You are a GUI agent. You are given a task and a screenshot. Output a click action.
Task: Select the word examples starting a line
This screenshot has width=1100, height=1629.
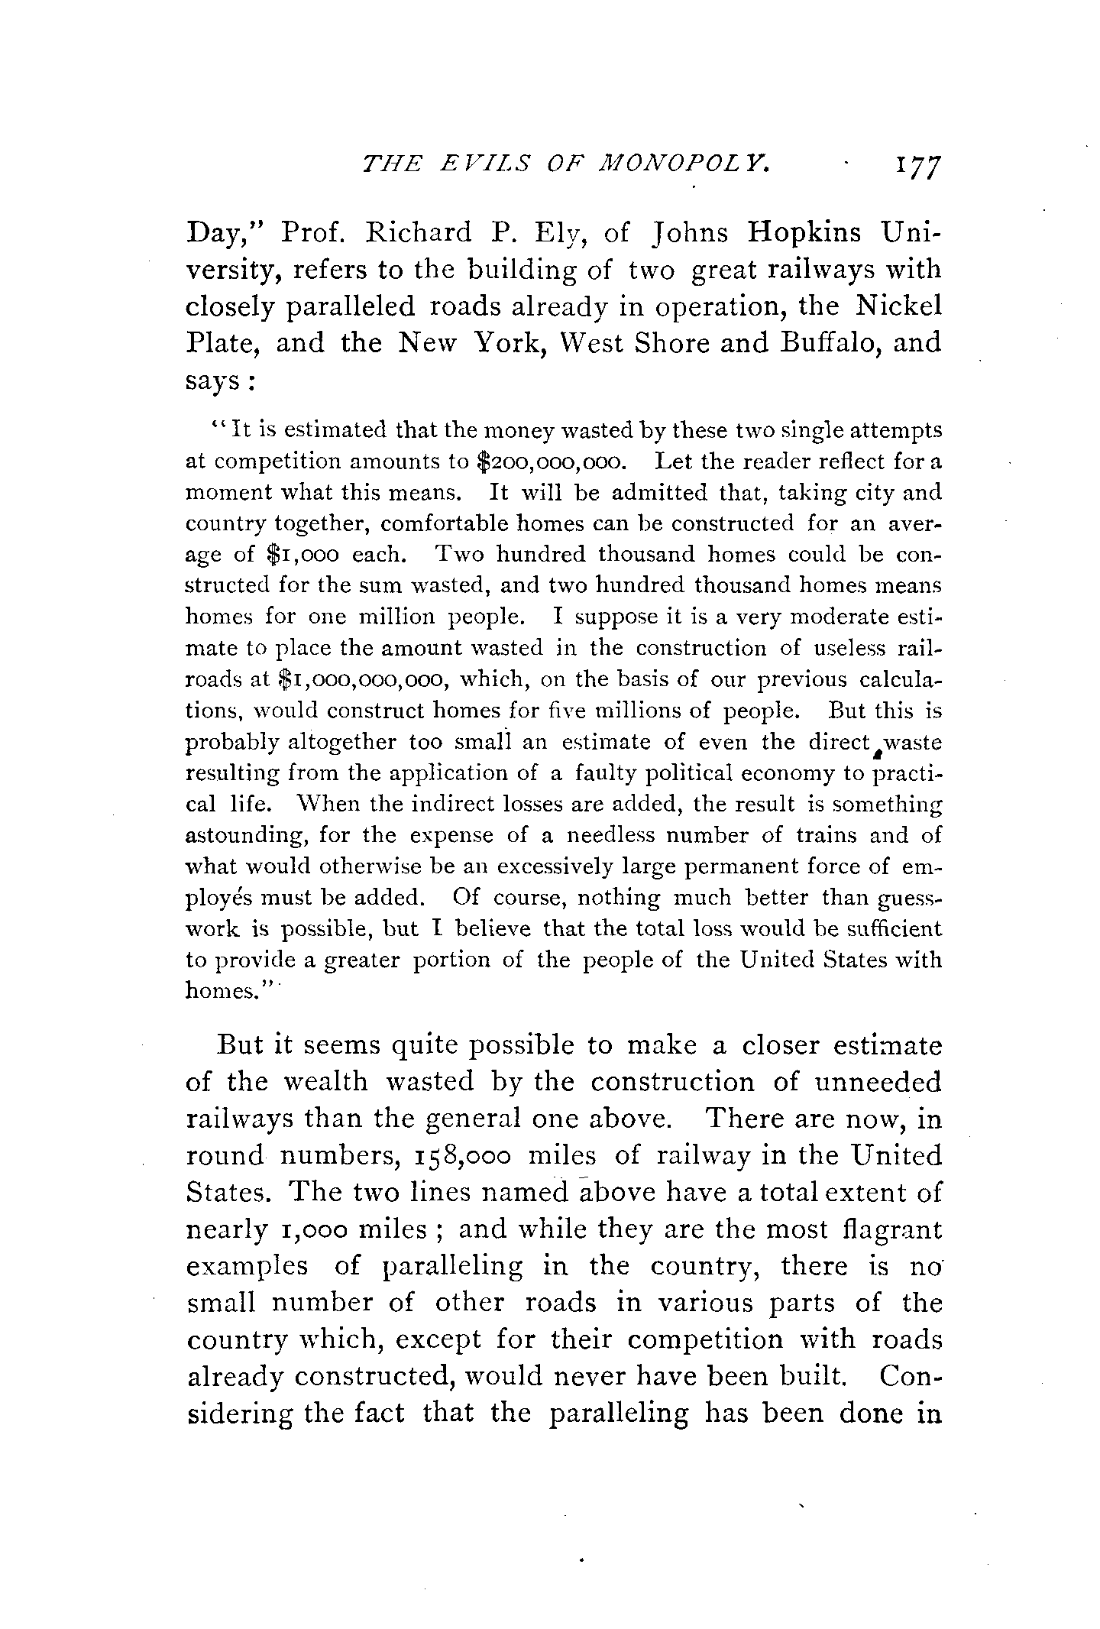coord(247,1268)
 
